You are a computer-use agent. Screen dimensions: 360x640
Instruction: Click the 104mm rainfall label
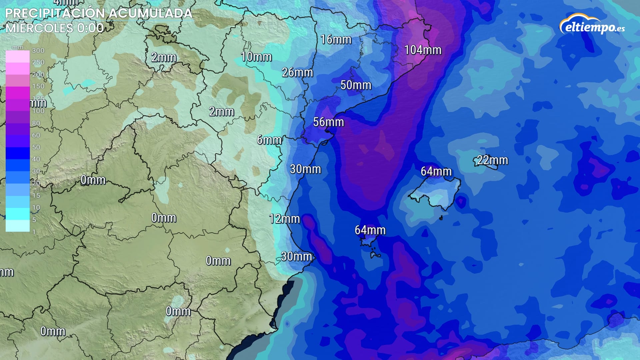[x=423, y=50]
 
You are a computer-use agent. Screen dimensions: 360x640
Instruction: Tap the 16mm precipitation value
[x=336, y=40]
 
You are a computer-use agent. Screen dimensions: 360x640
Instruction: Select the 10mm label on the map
[x=256, y=57]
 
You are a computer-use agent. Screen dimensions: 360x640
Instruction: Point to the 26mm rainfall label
[x=297, y=72]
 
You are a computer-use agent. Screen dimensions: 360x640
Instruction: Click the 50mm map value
[x=356, y=85]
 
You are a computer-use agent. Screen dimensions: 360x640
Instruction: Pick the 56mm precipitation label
[x=328, y=122]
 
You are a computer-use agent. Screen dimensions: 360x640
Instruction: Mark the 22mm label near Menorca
[x=492, y=160]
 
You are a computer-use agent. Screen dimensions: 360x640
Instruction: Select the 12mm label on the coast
[x=284, y=219]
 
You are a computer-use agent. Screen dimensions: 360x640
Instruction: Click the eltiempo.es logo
[x=592, y=25]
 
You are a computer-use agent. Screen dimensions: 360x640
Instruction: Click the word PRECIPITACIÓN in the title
[x=55, y=13]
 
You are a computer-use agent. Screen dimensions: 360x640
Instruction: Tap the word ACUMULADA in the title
[x=151, y=13]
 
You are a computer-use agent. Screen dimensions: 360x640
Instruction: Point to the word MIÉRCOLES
[x=39, y=28]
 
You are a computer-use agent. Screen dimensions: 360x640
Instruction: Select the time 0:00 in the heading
[x=90, y=28]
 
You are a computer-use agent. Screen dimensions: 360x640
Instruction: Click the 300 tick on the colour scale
[x=38, y=51]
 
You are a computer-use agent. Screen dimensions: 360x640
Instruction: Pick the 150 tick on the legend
[x=38, y=86]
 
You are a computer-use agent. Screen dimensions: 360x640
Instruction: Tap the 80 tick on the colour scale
[x=36, y=123]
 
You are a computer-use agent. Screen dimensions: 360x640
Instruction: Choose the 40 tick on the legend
[x=36, y=159]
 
